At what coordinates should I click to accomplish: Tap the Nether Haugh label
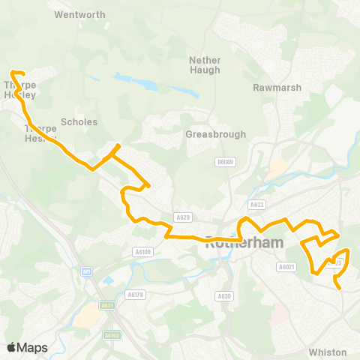coord(205,65)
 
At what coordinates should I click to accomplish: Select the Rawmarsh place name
coord(277,88)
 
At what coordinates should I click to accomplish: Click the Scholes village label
coord(79,122)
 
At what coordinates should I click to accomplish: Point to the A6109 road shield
coord(142,252)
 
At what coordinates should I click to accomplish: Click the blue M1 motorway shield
coord(87,271)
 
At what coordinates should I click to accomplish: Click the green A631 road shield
coord(107,305)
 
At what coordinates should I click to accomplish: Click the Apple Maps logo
coord(27,347)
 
